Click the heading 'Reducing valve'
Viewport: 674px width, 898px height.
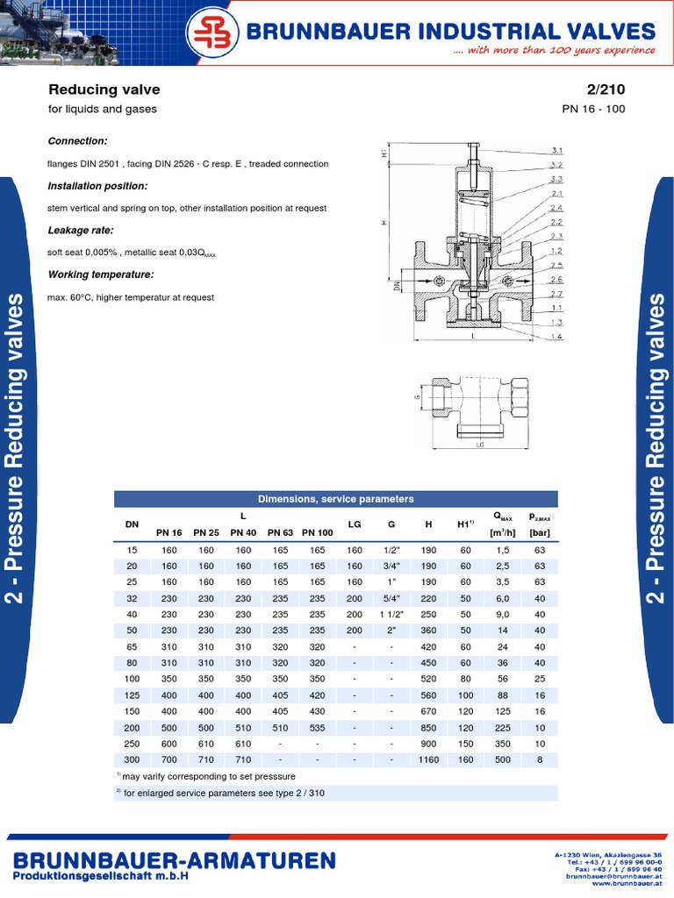(104, 90)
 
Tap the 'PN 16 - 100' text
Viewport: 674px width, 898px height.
(594, 110)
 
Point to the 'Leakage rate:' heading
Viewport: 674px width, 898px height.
(82, 230)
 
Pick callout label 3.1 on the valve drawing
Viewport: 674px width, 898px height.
(556, 150)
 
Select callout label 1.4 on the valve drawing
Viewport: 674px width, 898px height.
(556, 337)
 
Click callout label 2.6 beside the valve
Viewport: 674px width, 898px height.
(556, 279)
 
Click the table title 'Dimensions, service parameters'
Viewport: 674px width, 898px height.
(336, 499)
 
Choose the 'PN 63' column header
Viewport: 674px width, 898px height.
(280, 532)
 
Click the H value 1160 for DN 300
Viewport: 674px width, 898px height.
(428, 759)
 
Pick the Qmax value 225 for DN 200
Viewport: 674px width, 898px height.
(503, 727)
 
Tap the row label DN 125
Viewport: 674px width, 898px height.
(133, 695)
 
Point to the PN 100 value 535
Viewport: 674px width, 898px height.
(318, 727)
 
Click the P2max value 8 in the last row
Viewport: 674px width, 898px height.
(540, 759)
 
